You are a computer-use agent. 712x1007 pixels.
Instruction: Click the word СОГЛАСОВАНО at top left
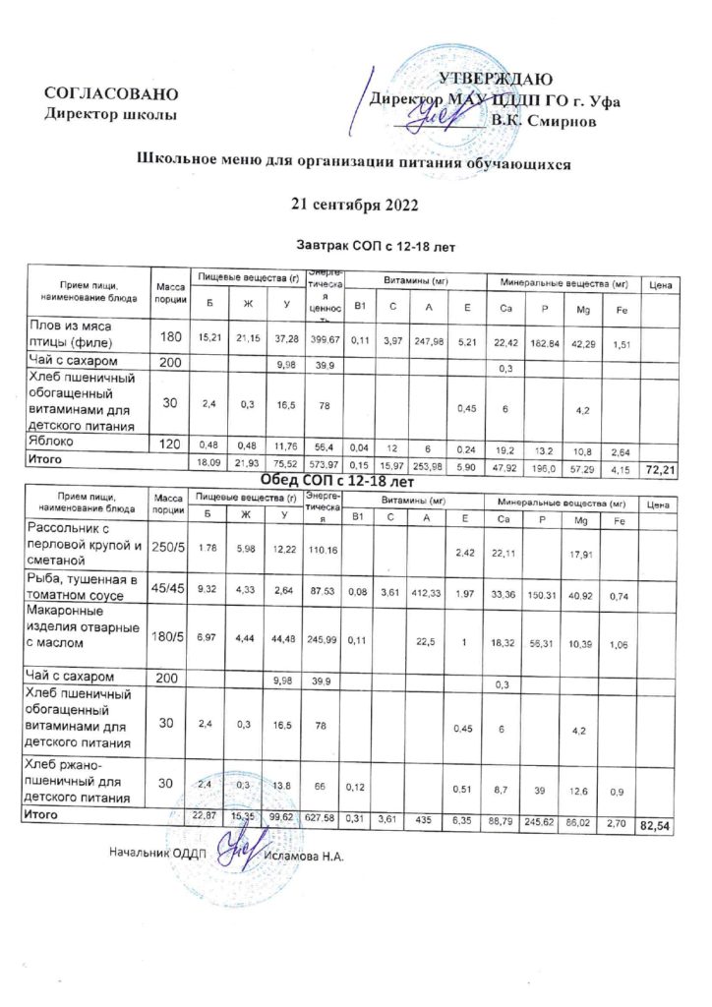[111, 94]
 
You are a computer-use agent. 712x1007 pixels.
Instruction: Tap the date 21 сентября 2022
[356, 205]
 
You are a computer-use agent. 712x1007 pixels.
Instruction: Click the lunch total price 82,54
[655, 827]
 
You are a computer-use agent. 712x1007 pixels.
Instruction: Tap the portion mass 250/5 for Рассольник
[169, 546]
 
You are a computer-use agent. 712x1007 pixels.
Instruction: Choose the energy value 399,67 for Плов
[324, 339]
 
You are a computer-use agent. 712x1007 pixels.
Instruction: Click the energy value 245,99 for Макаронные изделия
[324, 642]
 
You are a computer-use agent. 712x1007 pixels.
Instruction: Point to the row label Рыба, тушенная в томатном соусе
[84, 590]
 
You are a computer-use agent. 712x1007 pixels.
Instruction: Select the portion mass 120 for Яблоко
[169, 444]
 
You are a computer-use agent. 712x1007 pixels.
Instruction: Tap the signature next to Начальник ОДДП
[238, 847]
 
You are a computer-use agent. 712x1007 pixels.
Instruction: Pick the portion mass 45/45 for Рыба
[169, 590]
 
